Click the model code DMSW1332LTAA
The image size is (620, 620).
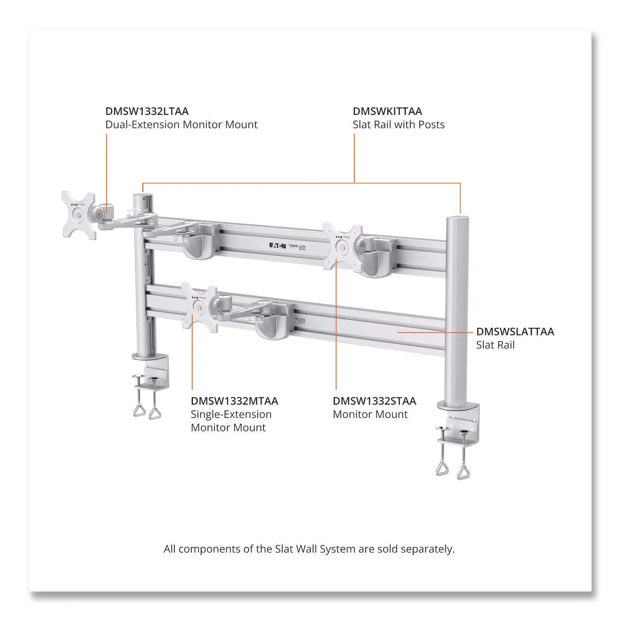point(147,111)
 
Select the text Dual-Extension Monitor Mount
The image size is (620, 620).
point(181,125)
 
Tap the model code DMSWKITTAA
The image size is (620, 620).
point(387,111)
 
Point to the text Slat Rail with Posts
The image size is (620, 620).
point(398,125)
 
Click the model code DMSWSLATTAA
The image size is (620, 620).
point(515,331)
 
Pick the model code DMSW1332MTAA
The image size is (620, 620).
point(234,401)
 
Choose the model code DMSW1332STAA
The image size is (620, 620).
point(374,401)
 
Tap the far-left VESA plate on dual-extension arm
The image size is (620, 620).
point(78,215)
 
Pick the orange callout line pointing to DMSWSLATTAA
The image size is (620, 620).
point(434,331)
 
